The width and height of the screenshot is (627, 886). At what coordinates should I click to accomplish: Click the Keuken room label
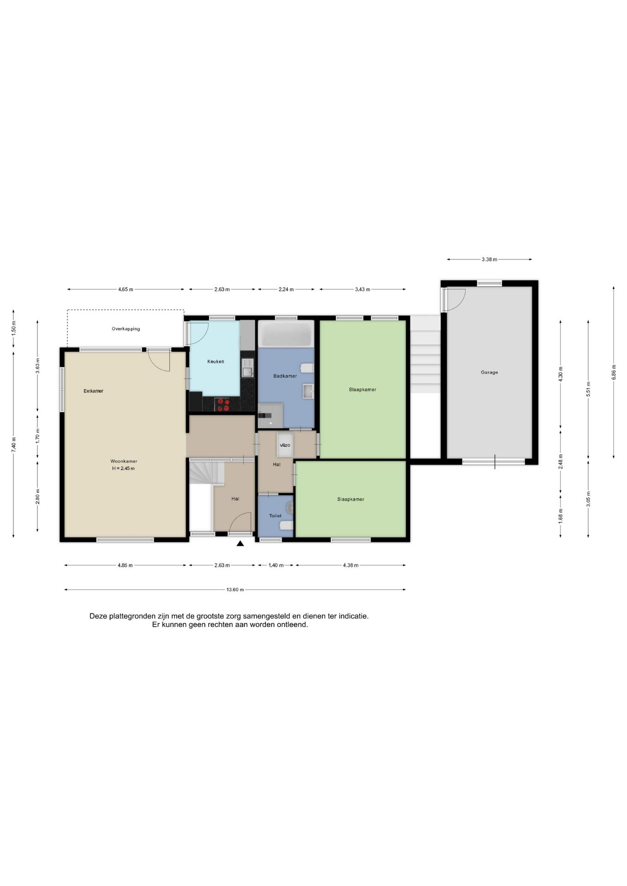(216, 361)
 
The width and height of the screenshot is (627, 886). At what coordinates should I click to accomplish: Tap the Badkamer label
(285, 376)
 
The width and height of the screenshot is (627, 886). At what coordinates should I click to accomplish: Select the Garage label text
(489, 372)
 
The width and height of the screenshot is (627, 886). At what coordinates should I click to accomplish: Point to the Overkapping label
(126, 329)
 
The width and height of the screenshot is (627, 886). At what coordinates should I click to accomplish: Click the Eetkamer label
(93, 391)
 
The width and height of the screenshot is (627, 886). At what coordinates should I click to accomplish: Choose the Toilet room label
(275, 515)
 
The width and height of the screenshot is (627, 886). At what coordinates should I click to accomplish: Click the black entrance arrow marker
(240, 544)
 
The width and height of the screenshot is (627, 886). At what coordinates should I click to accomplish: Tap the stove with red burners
(223, 405)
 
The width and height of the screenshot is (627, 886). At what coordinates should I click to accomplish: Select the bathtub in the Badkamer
(286, 334)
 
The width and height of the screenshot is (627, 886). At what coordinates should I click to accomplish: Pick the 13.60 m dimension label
(235, 589)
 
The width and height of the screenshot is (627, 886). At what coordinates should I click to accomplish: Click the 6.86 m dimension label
(614, 372)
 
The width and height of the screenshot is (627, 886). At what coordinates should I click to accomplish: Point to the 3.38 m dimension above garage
(489, 259)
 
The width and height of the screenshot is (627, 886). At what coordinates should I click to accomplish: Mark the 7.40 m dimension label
(13, 445)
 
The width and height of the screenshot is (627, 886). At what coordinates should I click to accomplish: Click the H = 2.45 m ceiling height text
(123, 468)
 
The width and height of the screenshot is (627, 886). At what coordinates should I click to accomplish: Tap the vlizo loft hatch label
(285, 445)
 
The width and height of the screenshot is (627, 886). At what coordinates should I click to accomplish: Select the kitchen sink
(247, 368)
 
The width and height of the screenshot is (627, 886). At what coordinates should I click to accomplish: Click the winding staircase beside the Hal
(206, 472)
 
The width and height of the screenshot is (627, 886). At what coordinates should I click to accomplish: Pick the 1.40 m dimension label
(276, 565)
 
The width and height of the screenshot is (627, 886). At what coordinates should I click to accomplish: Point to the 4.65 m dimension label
(126, 289)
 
